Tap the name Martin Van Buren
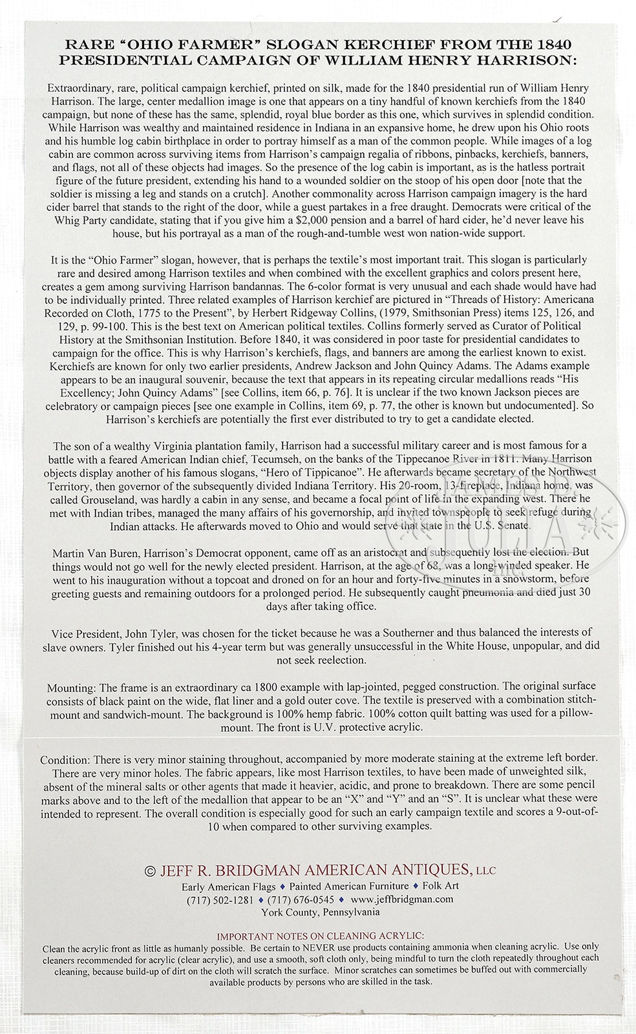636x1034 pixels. [93, 553]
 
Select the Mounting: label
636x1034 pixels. [71, 686]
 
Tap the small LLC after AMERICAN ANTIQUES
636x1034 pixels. [485, 871]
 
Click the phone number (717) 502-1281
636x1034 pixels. [220, 899]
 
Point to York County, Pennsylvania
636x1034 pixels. [320, 912]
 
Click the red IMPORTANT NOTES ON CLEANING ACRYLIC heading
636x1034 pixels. [320, 935]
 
